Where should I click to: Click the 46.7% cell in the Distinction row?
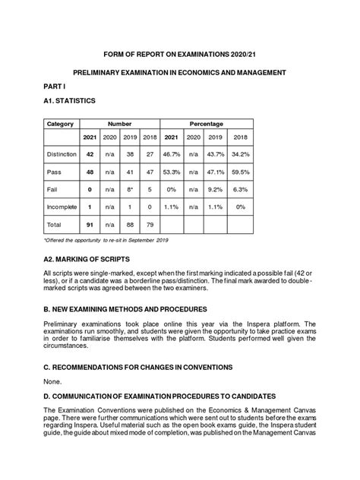point(172,154)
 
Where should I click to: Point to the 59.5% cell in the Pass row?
point(241,172)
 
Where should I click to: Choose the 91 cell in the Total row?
point(90,225)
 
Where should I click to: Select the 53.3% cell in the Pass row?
point(172,172)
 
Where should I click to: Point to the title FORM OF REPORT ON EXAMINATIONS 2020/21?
point(179,55)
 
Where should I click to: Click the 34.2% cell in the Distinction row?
point(241,154)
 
